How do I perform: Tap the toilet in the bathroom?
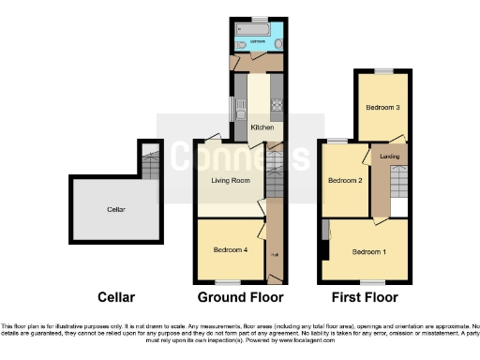click(x=242, y=44)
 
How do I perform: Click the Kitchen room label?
click(x=261, y=127)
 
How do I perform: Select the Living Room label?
click(x=230, y=180)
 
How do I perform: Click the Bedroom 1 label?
click(x=368, y=252)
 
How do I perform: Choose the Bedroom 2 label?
click(x=344, y=180)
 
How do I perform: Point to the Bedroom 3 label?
click(x=382, y=108)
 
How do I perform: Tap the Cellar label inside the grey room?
click(x=116, y=209)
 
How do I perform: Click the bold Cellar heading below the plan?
click(x=116, y=298)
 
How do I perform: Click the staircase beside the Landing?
click(x=398, y=178)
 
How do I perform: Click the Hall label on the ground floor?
click(x=275, y=253)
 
